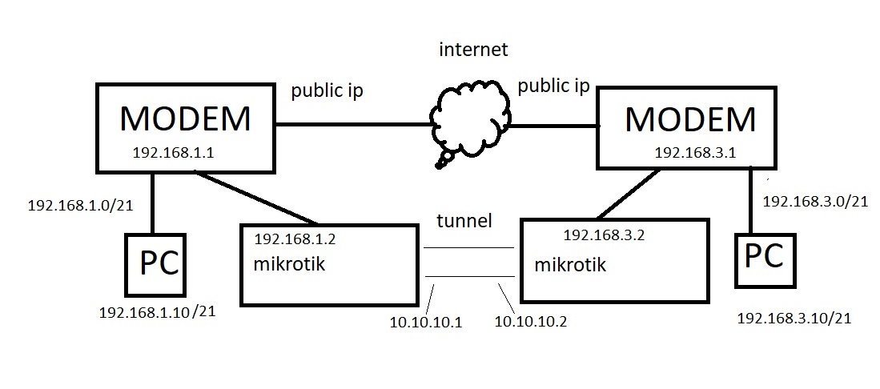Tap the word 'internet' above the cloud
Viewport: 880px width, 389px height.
point(473,50)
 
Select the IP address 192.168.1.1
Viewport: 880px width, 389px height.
point(173,154)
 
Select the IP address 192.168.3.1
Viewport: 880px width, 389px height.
point(695,153)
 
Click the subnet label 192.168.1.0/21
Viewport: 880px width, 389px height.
point(80,205)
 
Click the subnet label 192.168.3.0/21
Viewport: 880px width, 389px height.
point(816,201)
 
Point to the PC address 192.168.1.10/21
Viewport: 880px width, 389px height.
point(157,312)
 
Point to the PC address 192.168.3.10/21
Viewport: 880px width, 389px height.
point(794,319)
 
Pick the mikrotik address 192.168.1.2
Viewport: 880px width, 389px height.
point(295,239)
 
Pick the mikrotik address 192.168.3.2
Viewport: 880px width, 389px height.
point(604,235)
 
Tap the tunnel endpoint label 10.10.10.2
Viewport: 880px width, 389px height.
point(531,322)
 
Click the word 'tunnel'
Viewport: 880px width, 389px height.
point(464,221)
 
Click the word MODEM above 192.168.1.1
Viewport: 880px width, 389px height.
point(185,118)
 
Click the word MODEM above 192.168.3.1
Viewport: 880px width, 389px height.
point(690,119)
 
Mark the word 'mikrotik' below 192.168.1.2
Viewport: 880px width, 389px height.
point(290,264)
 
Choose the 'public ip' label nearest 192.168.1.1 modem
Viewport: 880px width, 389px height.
point(327,90)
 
